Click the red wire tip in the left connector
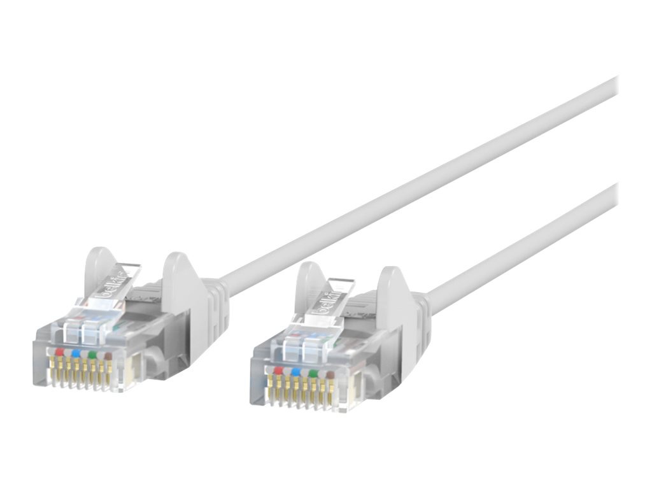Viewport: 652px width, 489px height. coord(59,351)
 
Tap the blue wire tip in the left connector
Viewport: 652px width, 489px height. coord(76,352)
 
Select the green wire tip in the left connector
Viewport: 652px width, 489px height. coord(92,353)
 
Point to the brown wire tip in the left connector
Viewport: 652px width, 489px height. coord(108,355)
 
